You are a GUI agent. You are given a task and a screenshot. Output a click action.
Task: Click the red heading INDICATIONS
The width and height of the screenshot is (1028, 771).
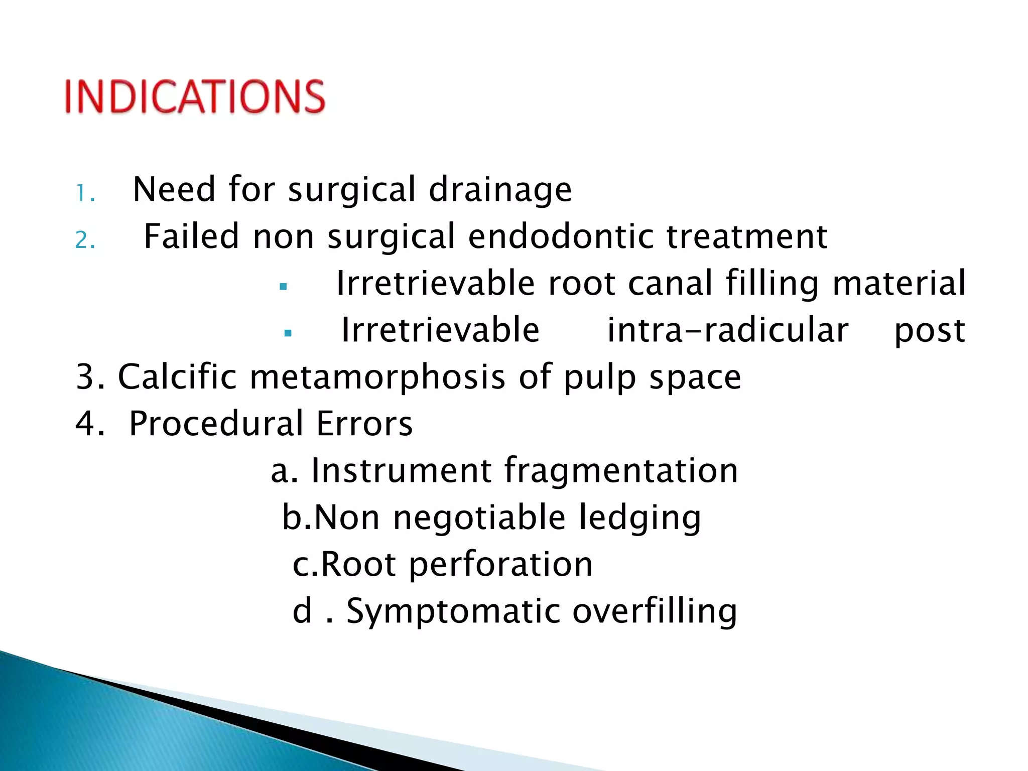tap(195, 96)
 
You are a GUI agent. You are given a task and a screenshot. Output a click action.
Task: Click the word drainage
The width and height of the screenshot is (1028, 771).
tap(500, 190)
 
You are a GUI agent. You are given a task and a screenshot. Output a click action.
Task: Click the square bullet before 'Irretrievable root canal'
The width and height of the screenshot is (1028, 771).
tap(284, 287)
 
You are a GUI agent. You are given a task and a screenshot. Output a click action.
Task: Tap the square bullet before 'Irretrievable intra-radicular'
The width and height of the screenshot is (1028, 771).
tap(288, 333)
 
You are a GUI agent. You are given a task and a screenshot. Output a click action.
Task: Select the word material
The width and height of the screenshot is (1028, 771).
tap(898, 283)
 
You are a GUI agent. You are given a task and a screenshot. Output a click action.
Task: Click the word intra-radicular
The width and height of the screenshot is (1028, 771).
tap(728, 330)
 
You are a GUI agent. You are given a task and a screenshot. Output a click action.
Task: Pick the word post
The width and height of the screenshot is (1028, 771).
tap(930, 331)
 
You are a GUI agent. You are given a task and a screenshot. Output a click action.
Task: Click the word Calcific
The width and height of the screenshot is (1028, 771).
tap(177, 376)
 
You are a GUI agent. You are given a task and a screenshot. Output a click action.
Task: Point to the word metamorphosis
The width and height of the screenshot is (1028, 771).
tap(377, 377)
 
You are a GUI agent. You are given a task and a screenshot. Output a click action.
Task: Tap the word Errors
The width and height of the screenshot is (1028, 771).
tap(364, 424)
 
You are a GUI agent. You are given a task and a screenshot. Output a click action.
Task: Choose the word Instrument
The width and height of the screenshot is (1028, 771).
tap(401, 471)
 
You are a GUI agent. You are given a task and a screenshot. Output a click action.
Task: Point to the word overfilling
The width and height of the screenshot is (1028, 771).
tap(655, 611)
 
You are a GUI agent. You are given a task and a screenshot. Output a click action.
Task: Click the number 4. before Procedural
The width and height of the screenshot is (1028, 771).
tap(90, 424)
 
